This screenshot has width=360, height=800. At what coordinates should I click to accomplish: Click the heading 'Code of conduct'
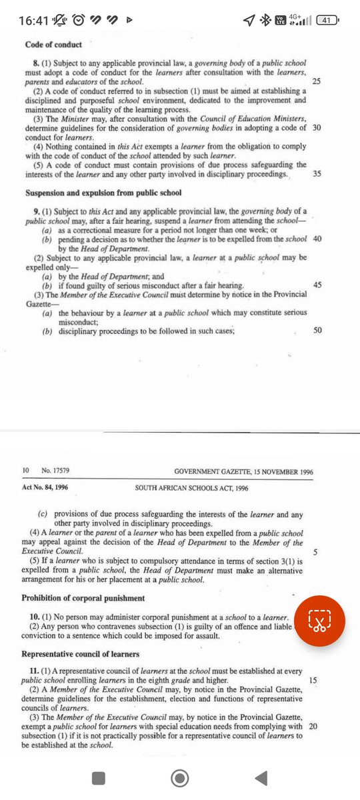(x=53, y=45)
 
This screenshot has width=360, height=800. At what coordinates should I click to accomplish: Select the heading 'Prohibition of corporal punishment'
(x=83, y=597)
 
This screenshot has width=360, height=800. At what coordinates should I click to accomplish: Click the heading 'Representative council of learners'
(x=81, y=654)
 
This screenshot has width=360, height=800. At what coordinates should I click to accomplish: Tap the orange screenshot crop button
(x=320, y=619)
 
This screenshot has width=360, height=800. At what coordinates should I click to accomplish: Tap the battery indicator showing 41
(x=327, y=21)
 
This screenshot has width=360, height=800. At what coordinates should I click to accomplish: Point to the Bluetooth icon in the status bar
(x=265, y=21)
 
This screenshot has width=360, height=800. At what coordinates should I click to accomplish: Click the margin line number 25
(x=317, y=81)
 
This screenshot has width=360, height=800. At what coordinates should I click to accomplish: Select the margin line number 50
(x=317, y=329)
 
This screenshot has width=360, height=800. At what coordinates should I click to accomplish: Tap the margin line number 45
(x=317, y=285)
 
